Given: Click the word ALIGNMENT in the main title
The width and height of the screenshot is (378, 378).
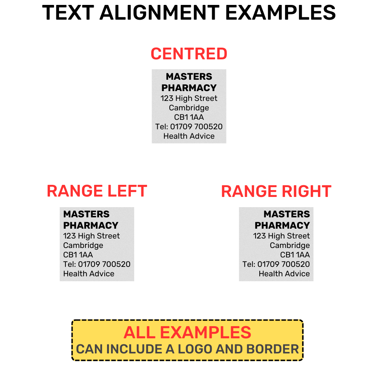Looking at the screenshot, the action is pyautogui.click(x=160, y=13).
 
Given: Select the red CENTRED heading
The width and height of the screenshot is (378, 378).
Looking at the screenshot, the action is pyautogui.click(x=189, y=54).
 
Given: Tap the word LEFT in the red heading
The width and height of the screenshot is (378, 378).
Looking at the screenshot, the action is pyautogui.click(x=127, y=191).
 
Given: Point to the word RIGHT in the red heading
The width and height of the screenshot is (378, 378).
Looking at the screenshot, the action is pyautogui.click(x=307, y=191).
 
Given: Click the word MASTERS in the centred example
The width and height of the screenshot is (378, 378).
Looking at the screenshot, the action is pyautogui.click(x=189, y=76).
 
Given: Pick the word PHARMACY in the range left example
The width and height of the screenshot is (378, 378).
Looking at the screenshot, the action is pyautogui.click(x=91, y=225).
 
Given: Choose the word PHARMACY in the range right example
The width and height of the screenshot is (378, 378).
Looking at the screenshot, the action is pyautogui.click(x=282, y=225).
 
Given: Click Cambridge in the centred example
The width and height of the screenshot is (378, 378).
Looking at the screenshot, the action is pyautogui.click(x=189, y=108).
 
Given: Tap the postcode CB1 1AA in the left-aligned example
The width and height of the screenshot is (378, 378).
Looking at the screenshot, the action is pyautogui.click(x=78, y=255).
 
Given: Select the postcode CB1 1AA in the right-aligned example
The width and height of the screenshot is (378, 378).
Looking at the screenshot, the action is pyautogui.click(x=295, y=255).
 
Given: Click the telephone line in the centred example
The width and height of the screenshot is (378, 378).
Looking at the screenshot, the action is pyautogui.click(x=189, y=127).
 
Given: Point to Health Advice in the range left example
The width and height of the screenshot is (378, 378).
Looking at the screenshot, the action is pyautogui.click(x=89, y=274).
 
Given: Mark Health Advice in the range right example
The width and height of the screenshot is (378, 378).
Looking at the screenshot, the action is pyautogui.click(x=285, y=274).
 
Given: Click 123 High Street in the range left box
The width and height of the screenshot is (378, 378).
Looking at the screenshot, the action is pyautogui.click(x=91, y=236).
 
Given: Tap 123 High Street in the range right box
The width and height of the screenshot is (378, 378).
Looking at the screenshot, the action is pyautogui.click(x=282, y=236).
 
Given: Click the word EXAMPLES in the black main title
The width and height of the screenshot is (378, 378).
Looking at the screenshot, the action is pyautogui.click(x=280, y=13).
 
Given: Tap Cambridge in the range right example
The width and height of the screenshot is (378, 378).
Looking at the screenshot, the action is pyautogui.click(x=290, y=245).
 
